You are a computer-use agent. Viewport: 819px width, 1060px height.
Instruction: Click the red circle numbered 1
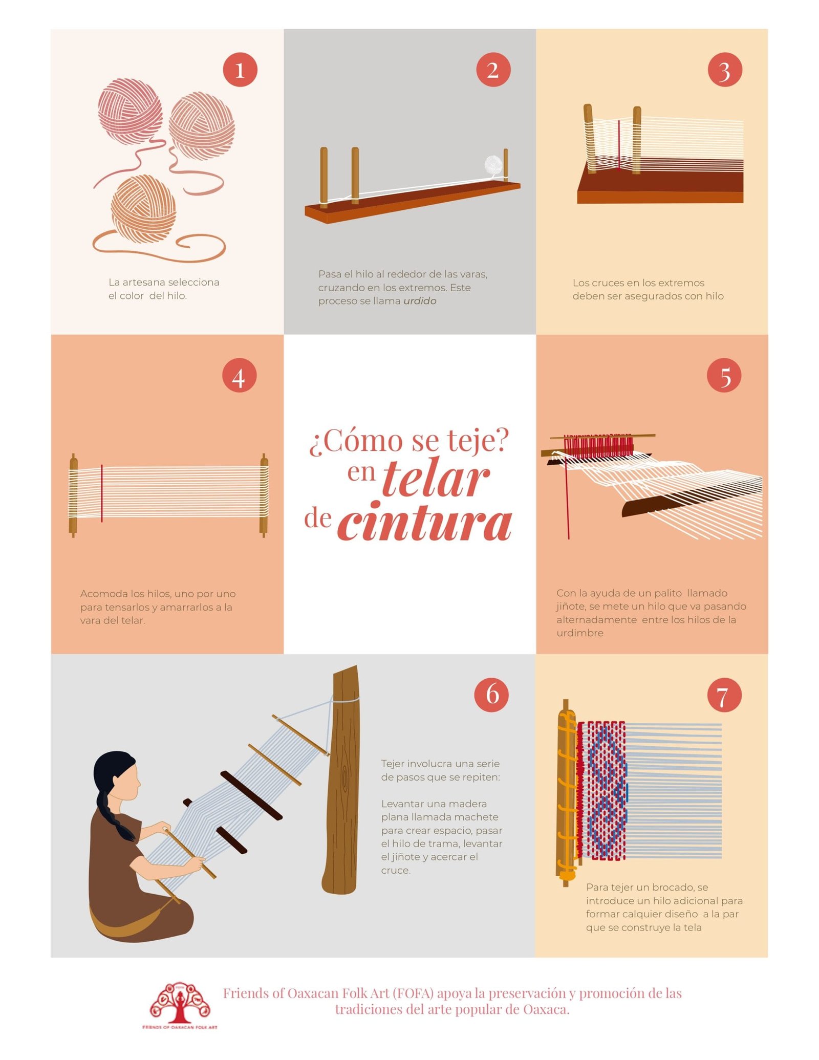240,70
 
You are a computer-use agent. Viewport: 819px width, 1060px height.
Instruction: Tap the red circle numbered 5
724,375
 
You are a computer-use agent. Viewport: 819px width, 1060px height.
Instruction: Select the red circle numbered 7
724,695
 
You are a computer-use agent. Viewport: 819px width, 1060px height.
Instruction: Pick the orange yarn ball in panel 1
144,208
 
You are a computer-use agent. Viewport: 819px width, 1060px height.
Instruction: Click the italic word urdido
420,301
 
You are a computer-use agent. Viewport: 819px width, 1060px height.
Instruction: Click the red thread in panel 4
102,493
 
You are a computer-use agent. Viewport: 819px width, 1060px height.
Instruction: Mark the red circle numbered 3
725,70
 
